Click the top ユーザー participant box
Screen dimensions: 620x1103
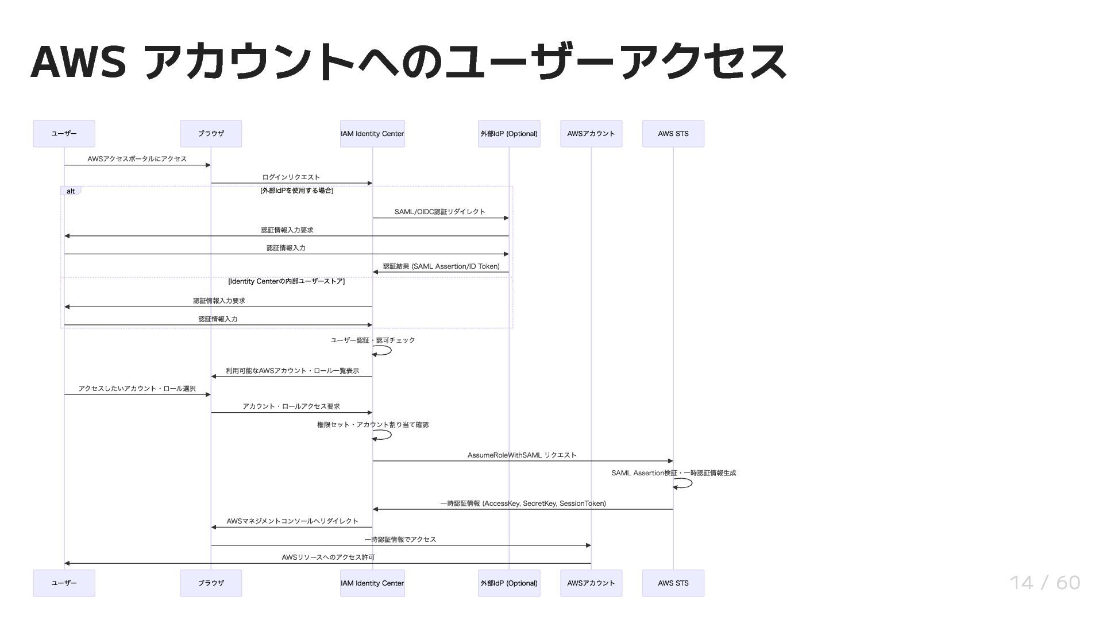point(64,134)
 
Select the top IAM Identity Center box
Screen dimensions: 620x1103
point(372,134)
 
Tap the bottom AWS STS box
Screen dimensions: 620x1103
point(673,583)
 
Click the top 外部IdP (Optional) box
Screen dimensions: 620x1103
point(508,134)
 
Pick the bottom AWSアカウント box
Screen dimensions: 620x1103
point(591,583)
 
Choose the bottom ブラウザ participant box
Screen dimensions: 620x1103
point(211,583)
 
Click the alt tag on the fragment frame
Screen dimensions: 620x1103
point(71,191)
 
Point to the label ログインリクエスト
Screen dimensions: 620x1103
point(291,177)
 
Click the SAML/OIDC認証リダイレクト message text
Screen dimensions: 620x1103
point(439,212)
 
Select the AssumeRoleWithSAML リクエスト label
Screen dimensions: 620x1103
point(522,455)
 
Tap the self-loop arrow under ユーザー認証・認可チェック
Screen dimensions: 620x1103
point(383,351)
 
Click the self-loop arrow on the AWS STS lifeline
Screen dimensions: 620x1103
point(684,483)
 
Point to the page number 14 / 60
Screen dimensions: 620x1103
point(1044,583)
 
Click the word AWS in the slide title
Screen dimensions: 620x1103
point(78,61)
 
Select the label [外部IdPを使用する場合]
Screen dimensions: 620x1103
point(296,191)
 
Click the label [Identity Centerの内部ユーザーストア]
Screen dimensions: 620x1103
point(286,281)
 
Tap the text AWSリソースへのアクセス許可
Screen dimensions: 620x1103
point(328,557)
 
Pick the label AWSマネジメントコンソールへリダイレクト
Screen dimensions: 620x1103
point(292,521)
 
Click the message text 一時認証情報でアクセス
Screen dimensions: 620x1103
point(400,540)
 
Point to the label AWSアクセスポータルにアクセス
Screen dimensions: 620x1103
point(137,159)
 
